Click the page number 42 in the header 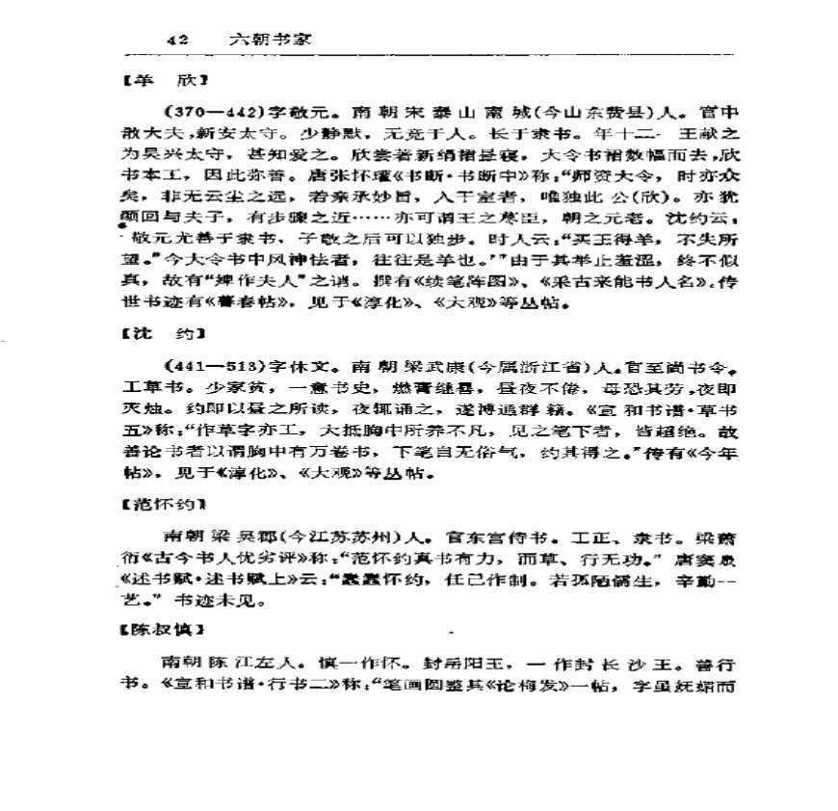point(178,41)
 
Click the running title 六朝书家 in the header point(269,41)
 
